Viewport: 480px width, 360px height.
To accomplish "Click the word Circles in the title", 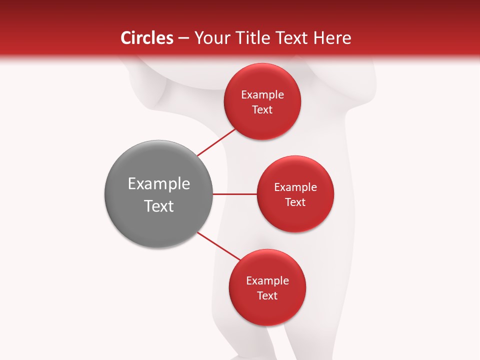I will (x=146, y=38).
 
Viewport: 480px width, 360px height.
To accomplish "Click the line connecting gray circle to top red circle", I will (x=216, y=142).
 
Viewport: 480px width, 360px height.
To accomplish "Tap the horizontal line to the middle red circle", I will (x=234, y=193).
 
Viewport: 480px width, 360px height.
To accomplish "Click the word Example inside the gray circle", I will (x=159, y=184).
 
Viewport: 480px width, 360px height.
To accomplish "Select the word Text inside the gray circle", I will (x=159, y=206).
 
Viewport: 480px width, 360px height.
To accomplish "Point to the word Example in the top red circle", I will (x=262, y=95).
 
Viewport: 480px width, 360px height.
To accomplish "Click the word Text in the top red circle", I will (x=262, y=110).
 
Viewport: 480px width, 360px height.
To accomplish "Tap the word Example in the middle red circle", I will (x=295, y=187).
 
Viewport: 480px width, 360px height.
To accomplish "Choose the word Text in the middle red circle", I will (x=295, y=202).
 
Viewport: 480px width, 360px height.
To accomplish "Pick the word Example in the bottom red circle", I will (x=267, y=281).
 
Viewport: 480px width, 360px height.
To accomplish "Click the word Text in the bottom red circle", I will (x=267, y=296).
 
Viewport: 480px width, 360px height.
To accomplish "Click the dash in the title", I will (x=183, y=38).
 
